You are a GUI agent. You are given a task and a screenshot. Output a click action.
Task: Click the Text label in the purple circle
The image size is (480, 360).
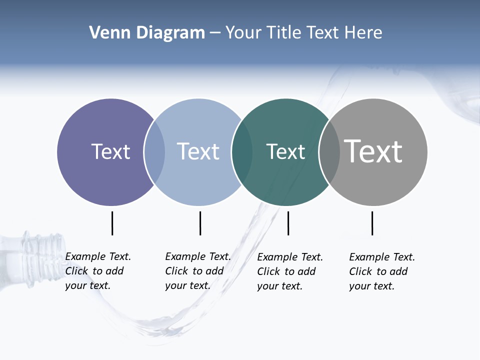(x=110, y=151)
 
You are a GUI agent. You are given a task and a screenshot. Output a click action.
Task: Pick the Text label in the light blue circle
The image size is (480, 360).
(x=198, y=151)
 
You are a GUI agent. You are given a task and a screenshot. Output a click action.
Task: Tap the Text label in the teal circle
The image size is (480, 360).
(x=285, y=151)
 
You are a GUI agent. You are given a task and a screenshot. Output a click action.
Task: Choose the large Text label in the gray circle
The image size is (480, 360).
(x=373, y=151)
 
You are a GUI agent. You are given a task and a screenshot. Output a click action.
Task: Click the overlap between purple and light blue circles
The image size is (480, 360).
(x=154, y=152)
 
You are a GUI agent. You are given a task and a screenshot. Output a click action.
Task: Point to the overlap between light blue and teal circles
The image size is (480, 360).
(x=242, y=152)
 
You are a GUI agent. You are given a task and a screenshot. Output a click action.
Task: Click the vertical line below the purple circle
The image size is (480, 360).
(x=112, y=223)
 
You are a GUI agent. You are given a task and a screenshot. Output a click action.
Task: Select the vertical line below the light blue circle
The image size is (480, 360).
(x=200, y=223)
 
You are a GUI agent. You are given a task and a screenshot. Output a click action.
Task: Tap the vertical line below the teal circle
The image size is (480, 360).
(x=288, y=223)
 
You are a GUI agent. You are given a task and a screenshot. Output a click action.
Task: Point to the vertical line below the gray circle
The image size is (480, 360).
(x=372, y=223)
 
